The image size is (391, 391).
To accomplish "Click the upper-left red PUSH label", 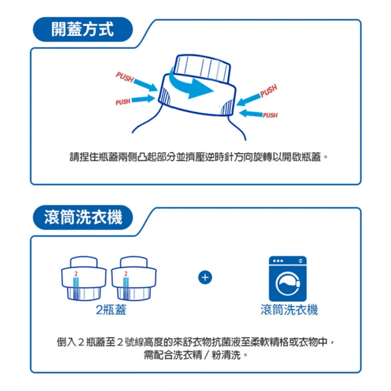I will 125,78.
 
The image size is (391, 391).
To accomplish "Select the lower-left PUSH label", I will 123,101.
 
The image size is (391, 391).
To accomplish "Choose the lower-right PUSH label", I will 269,115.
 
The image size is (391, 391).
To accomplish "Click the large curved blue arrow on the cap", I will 194,87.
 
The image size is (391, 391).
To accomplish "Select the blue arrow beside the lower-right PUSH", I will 250,113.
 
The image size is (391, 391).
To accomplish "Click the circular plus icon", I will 205,278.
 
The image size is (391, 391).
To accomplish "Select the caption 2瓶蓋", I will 111,310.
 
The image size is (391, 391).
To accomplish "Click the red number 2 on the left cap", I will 76,273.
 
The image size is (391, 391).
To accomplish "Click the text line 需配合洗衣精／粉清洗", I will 195,354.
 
